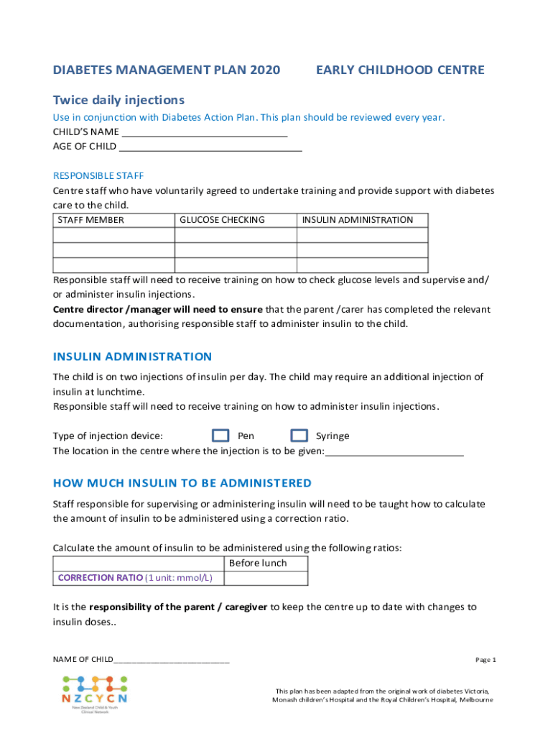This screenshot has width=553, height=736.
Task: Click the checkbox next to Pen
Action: click(221, 436)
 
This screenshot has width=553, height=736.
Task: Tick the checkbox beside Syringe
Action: click(300, 436)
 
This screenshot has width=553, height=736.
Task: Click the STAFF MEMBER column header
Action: click(90, 220)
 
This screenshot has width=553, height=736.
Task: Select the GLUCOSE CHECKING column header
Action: click(222, 220)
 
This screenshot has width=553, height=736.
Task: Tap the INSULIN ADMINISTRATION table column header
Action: click(357, 220)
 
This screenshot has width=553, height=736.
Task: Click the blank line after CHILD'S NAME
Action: click(205, 133)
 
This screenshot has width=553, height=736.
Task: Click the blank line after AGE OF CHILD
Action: click(210, 147)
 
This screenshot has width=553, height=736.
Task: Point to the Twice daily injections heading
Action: click(118, 100)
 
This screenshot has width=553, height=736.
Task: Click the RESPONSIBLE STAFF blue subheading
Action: click(98, 176)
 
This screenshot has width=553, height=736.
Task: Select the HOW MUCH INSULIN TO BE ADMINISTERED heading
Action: click(182, 483)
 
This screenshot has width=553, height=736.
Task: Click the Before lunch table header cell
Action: click(257, 563)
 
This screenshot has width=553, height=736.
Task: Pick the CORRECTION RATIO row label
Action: click(135, 578)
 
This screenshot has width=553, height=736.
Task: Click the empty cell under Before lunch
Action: click(266, 578)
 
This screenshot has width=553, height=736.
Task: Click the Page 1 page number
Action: click(485, 660)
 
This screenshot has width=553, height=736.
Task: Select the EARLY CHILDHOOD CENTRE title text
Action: click(400, 70)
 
